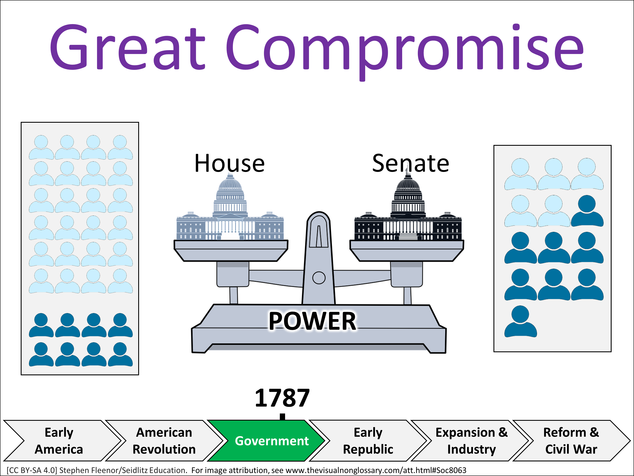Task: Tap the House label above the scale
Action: coord(229,163)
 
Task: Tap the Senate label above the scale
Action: coord(410,163)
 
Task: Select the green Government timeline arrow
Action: coord(268,441)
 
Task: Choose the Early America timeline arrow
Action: coord(59,441)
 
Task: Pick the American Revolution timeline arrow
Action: coord(164,441)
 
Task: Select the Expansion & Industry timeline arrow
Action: coord(471,441)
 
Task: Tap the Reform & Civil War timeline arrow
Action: coord(571,441)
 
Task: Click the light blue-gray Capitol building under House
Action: coord(230,218)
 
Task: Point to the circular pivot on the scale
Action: coord(319,278)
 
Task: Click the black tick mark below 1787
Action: coord(283,417)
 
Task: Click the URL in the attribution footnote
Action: coord(376,470)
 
